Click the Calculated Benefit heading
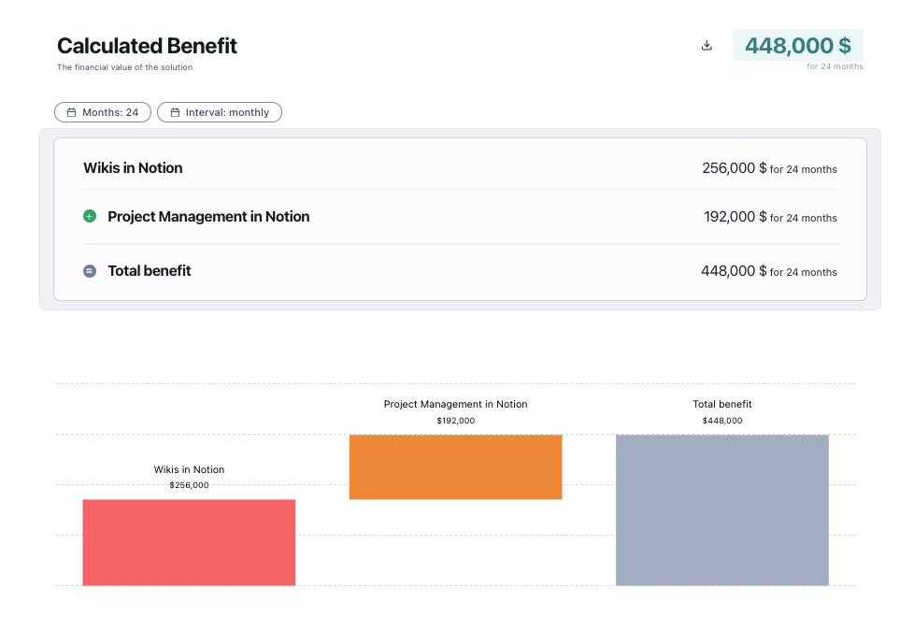coord(147,46)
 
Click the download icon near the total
coord(707,46)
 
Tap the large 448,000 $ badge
coord(797,46)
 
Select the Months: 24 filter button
coord(103,112)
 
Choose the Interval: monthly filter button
coord(220,112)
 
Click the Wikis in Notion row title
coord(133,168)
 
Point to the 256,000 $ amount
coord(734,168)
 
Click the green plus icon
coord(90,216)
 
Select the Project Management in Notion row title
coord(208,216)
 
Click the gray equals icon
coord(90,271)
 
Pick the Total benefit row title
coord(150,271)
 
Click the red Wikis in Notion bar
coord(189,542)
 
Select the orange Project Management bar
coord(455,467)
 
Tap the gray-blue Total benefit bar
coord(721,510)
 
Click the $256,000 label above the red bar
coord(189,485)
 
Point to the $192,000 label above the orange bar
coord(455,421)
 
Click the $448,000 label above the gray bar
coord(721,421)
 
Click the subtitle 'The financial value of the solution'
coord(124,67)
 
